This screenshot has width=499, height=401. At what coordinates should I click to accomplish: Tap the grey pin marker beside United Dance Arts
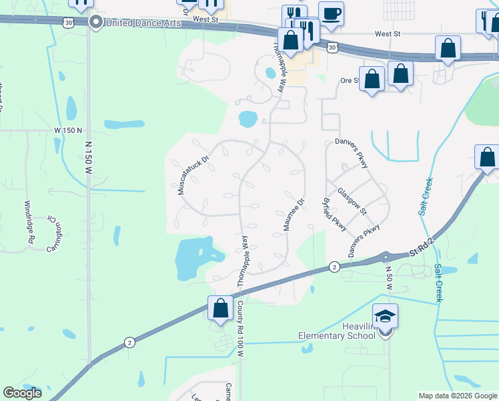tap(95, 22)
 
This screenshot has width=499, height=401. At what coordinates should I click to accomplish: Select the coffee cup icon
tap(331, 13)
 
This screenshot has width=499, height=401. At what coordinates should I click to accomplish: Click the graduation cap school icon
tap(386, 316)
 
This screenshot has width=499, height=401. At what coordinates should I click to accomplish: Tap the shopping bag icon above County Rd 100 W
tap(220, 308)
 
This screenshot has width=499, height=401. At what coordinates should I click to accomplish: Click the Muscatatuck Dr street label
tap(193, 174)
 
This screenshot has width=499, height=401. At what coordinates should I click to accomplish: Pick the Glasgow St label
tap(352, 200)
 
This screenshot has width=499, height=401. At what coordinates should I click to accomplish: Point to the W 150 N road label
tap(68, 130)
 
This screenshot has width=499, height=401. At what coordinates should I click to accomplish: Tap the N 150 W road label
tap(89, 158)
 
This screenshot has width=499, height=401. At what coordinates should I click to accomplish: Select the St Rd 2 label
tap(419, 253)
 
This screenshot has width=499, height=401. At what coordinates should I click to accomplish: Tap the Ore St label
tap(350, 80)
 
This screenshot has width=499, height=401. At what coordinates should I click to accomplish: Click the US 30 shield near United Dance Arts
tap(69, 23)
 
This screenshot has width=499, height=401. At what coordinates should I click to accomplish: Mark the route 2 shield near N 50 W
tap(333, 267)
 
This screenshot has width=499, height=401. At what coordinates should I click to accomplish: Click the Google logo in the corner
tap(23, 393)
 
